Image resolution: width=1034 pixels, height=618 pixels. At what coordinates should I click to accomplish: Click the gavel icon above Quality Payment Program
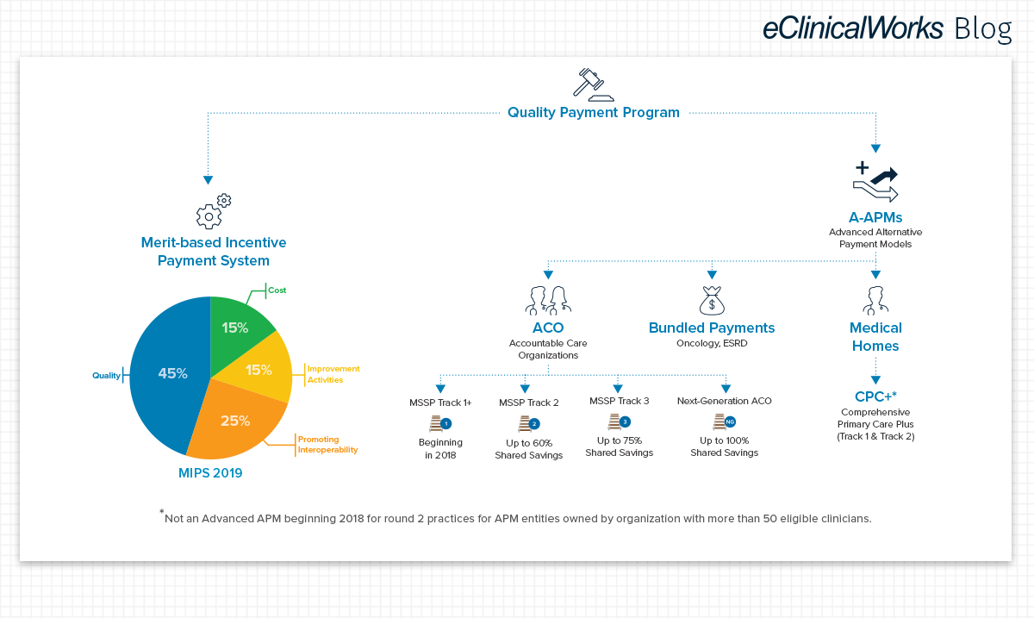[593, 84]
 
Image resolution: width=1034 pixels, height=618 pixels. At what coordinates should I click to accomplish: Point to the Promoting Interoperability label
[327, 445]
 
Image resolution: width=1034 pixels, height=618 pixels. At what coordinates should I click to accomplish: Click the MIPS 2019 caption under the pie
[210, 473]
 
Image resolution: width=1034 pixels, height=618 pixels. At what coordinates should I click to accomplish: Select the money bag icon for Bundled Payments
[712, 301]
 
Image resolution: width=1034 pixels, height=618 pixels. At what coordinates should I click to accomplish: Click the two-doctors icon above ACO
[548, 301]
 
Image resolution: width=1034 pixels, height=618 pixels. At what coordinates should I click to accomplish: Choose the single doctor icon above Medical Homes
[875, 301]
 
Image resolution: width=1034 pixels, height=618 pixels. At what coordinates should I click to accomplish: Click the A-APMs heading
[875, 217]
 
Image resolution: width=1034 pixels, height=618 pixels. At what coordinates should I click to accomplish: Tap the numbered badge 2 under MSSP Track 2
[534, 423]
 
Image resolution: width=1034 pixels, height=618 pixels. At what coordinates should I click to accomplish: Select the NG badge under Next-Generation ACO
[730, 421]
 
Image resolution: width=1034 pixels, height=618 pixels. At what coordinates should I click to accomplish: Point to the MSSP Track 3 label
[619, 401]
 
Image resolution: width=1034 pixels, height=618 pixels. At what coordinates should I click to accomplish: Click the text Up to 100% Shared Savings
[725, 446]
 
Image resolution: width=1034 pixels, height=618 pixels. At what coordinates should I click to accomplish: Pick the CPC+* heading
[875, 396]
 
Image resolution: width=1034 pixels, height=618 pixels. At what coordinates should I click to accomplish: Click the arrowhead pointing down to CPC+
[875, 380]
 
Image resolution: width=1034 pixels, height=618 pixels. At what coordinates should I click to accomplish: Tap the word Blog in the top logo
[983, 28]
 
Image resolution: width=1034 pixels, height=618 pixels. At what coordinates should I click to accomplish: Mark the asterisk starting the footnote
[162, 511]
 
